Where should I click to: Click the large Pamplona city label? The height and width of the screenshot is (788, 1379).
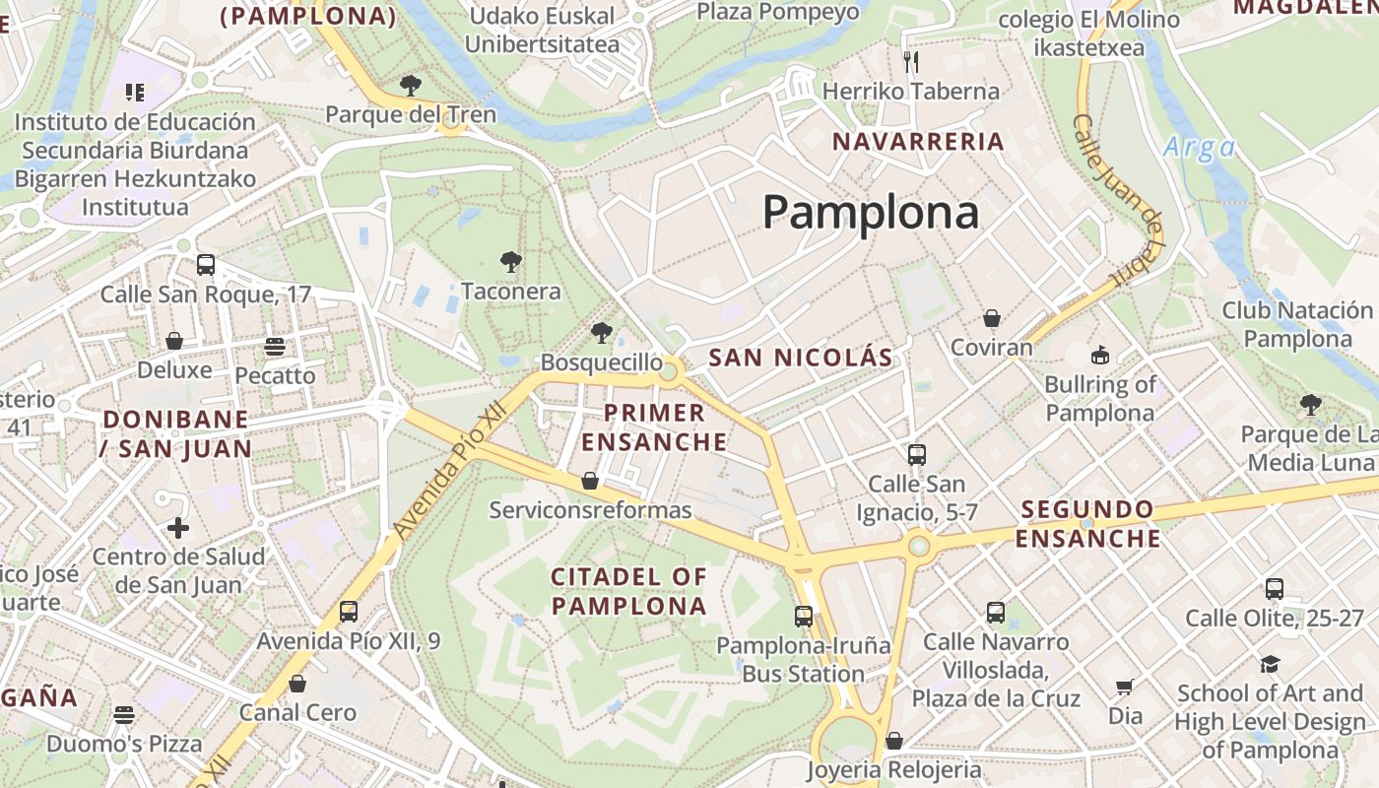point(871,212)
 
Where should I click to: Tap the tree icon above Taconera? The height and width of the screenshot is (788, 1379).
point(510,262)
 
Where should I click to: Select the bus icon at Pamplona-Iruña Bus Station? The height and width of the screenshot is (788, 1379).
point(804,617)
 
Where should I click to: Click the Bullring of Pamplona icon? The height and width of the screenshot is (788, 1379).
point(1099,355)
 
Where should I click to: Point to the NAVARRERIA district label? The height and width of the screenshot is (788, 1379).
point(918,142)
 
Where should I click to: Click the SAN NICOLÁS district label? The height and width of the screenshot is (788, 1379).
point(801,358)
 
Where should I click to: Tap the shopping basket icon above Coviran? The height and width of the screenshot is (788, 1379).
point(992,318)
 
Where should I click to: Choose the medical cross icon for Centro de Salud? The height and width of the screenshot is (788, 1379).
point(178,528)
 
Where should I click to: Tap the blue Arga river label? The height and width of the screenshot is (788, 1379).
point(1199,148)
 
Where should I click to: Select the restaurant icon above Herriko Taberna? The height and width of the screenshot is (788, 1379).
point(911,62)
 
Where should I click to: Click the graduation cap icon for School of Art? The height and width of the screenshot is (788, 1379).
point(1269,664)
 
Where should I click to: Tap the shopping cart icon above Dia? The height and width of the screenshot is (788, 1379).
point(1125,687)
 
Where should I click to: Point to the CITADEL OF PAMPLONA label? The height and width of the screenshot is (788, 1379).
point(629,591)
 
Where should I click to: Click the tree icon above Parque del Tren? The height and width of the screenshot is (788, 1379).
point(411,86)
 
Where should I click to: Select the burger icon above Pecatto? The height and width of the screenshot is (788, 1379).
point(275,346)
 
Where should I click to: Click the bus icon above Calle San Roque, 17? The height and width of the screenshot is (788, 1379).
point(206,264)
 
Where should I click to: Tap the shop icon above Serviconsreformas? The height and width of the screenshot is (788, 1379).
point(590,481)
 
